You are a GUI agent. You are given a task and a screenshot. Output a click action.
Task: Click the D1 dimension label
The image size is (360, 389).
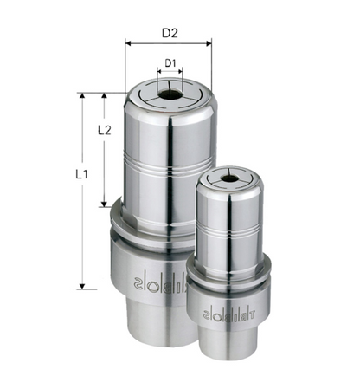tap(170, 63)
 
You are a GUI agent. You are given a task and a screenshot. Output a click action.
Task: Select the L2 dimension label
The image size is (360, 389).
tap(104, 131)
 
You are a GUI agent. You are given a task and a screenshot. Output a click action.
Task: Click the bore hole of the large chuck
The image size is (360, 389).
tap(170, 90)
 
